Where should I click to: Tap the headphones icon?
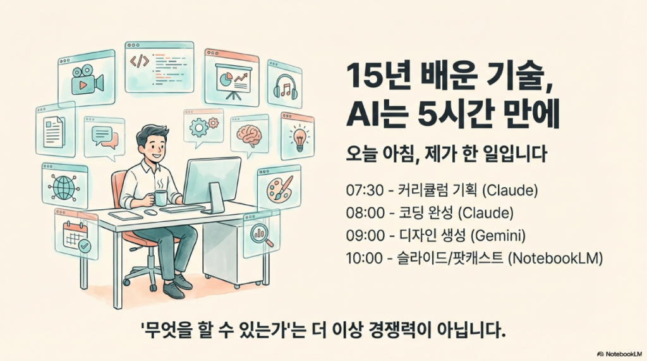[285, 87]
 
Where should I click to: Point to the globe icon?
[64, 187]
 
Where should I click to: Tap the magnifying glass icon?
[262, 236]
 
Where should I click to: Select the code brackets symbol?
[139, 61]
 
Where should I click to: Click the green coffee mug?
[160, 197]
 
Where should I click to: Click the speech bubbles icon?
[104, 136]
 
